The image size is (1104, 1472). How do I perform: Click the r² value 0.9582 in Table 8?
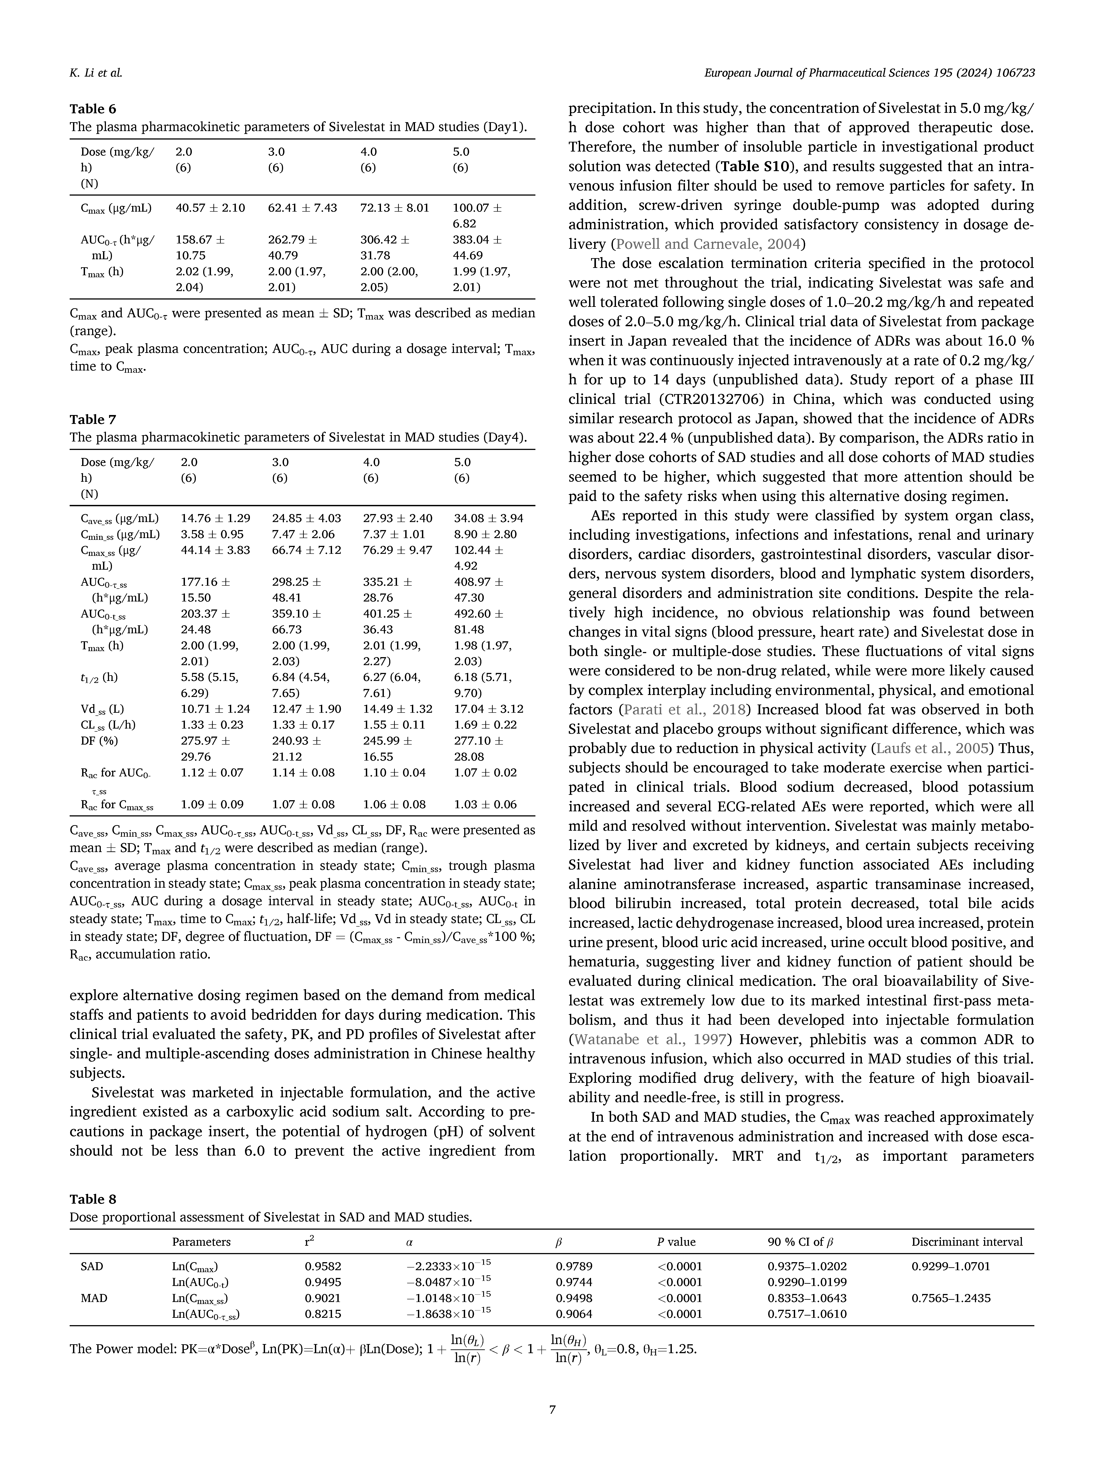(323, 1266)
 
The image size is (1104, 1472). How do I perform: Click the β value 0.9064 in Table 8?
(574, 1314)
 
